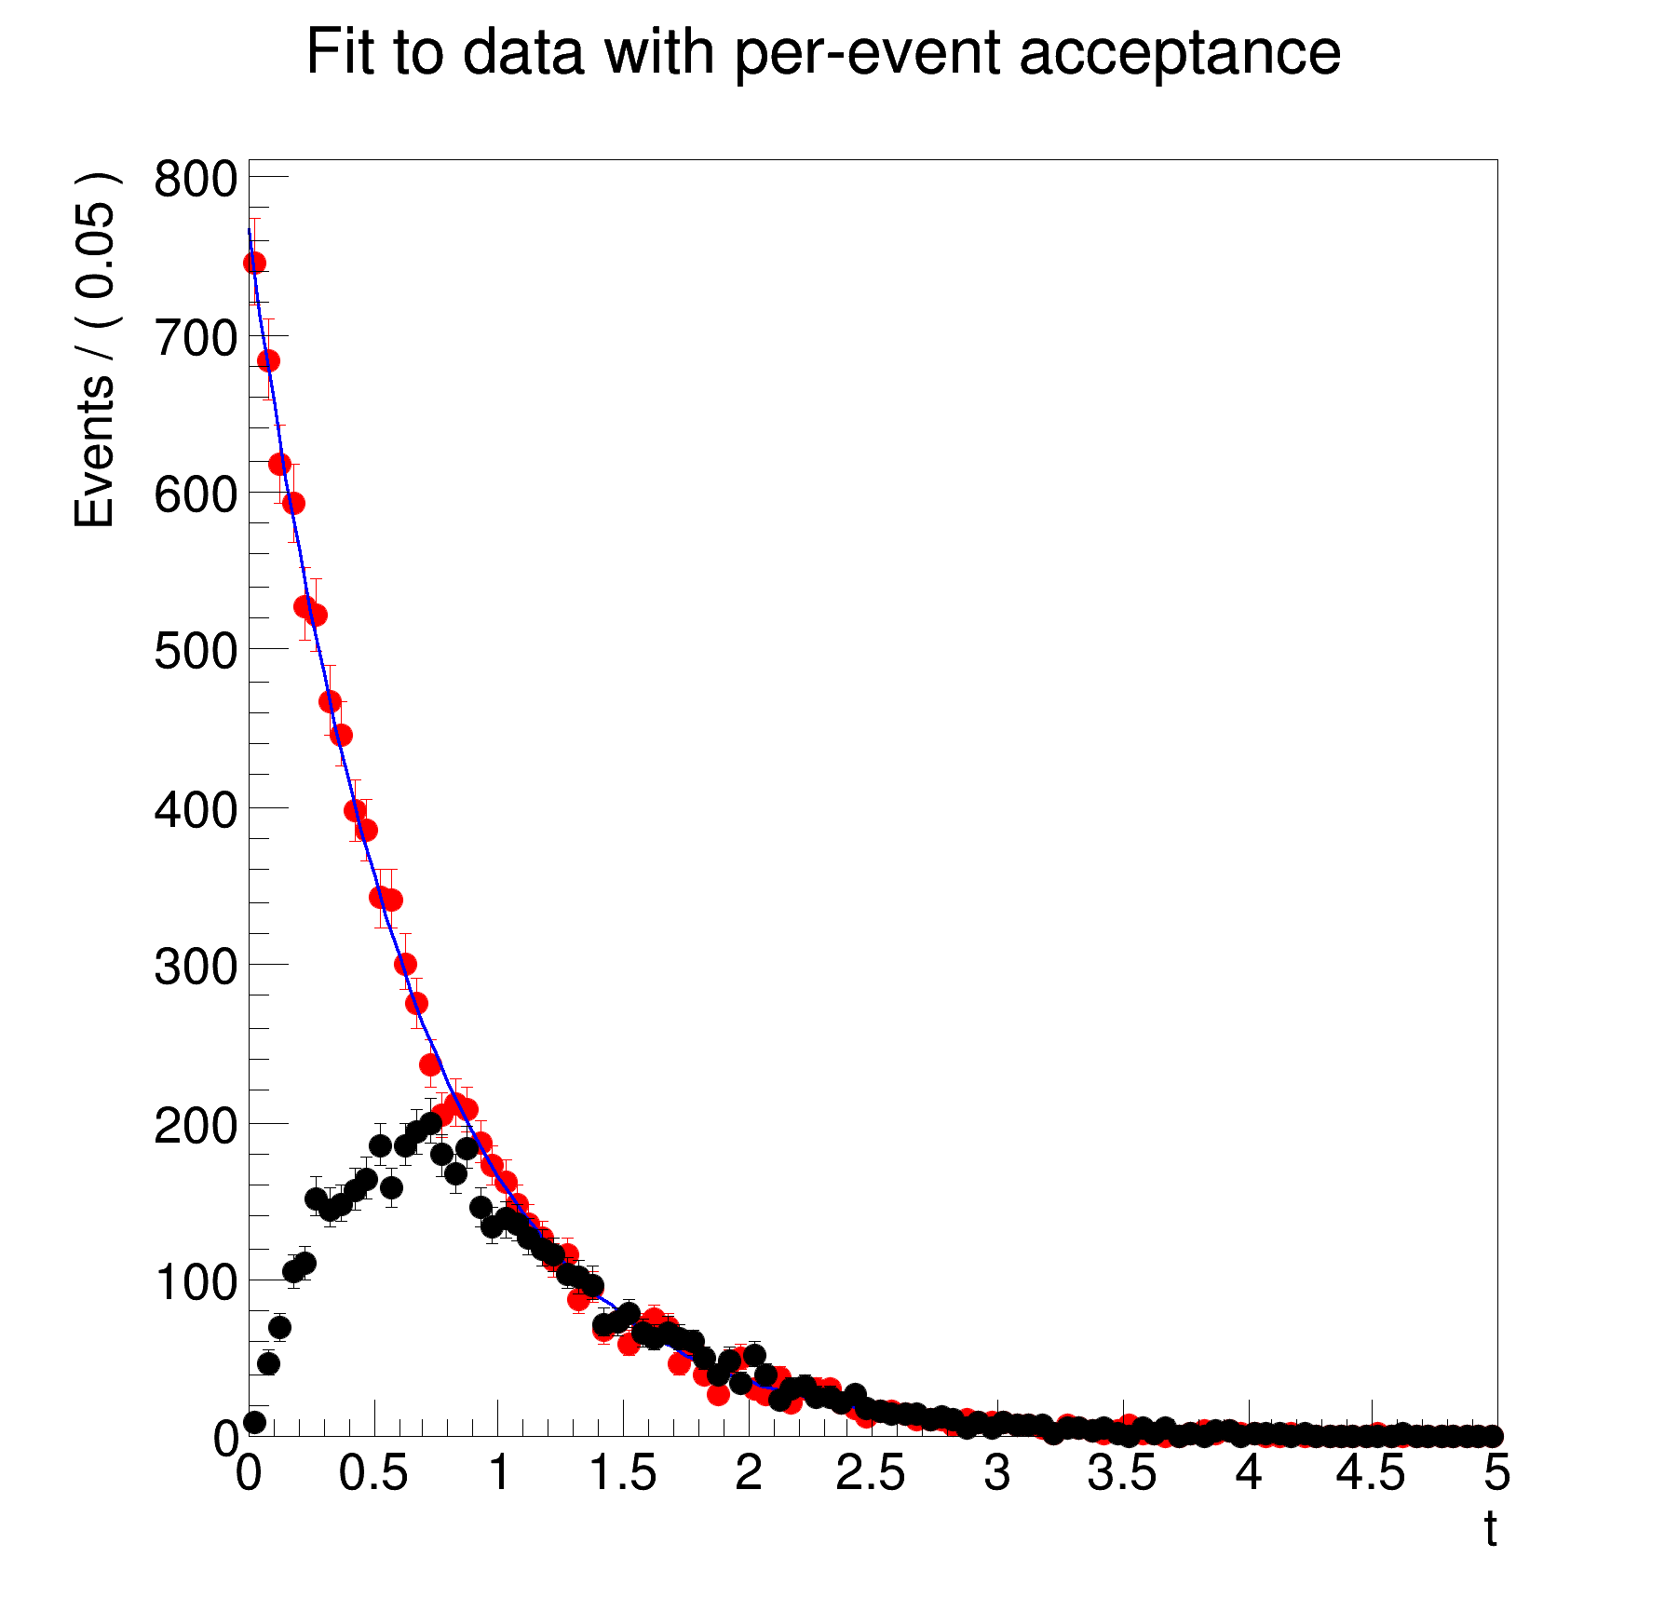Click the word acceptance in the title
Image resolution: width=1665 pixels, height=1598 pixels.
[x=1180, y=53]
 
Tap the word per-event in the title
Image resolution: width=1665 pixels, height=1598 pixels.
[x=870, y=53]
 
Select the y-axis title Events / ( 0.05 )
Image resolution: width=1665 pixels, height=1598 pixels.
[x=96, y=350]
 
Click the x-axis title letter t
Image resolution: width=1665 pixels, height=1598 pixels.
[x=1490, y=1529]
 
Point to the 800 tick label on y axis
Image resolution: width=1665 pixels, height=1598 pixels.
[x=196, y=178]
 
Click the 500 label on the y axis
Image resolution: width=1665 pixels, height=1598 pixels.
[x=196, y=651]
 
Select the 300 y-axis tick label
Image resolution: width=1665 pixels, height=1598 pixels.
[x=196, y=967]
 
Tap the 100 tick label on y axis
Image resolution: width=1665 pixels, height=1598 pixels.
[x=196, y=1282]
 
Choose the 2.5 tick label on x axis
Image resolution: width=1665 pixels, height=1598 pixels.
[x=871, y=1474]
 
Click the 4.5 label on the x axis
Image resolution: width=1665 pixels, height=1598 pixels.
[x=1371, y=1474]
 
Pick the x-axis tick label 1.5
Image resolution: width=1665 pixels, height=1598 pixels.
[x=622, y=1474]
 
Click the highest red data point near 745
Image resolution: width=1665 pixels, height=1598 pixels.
[x=254, y=264]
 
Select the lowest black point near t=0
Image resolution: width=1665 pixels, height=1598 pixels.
[x=254, y=1422]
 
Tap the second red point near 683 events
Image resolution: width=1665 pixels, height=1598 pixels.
[x=267, y=360]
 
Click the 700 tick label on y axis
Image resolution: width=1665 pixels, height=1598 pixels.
[x=196, y=337]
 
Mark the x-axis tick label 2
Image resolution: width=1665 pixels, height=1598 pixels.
[x=748, y=1474]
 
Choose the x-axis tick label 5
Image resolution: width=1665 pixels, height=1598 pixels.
[x=1496, y=1474]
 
